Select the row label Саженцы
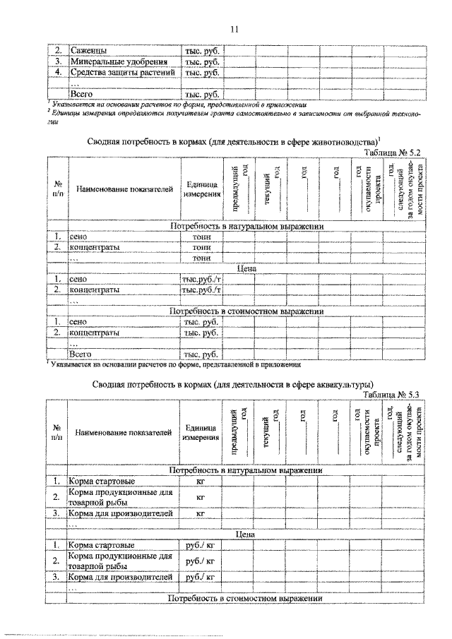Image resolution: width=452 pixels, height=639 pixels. [88, 51]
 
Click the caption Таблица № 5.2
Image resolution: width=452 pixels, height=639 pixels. [392, 152]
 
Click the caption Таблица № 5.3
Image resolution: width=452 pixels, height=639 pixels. [391, 395]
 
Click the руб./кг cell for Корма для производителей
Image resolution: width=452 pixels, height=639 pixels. [200, 578]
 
